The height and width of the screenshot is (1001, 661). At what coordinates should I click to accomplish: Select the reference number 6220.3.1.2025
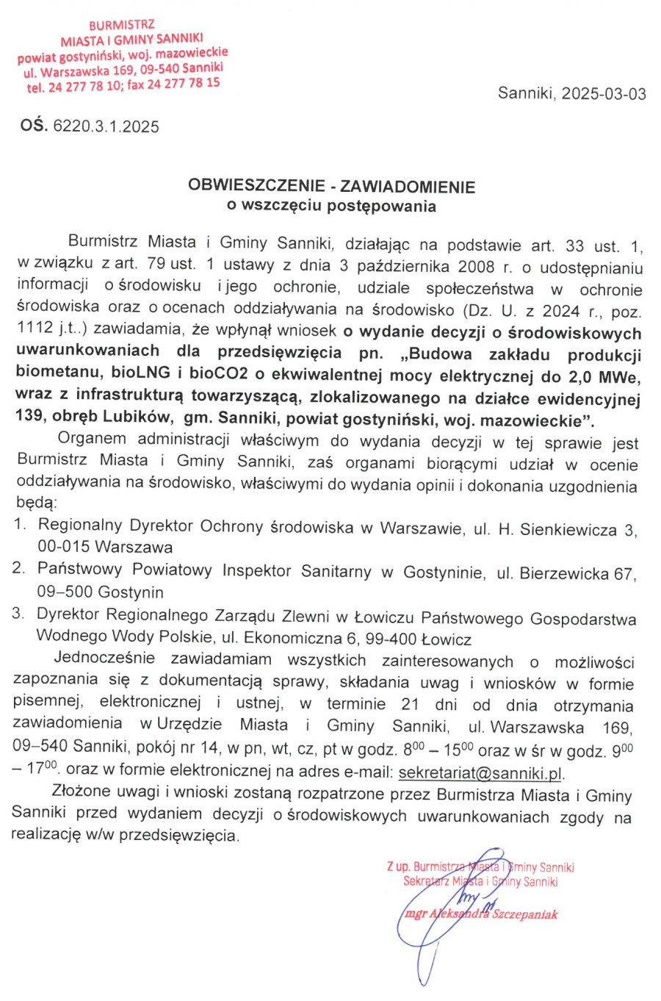(x=106, y=126)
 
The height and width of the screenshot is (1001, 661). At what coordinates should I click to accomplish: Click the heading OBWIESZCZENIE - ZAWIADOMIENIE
(x=331, y=187)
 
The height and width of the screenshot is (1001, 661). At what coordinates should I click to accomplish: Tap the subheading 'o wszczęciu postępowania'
(x=331, y=206)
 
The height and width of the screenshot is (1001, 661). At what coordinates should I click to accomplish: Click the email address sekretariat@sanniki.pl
(x=481, y=773)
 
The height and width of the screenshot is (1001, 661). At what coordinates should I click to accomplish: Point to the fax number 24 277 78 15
(x=183, y=84)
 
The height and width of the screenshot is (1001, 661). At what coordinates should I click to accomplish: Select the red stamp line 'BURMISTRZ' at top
(x=122, y=25)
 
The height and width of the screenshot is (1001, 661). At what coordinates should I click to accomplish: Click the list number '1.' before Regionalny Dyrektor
(x=20, y=524)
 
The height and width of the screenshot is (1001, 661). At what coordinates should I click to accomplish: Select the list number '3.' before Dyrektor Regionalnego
(x=18, y=613)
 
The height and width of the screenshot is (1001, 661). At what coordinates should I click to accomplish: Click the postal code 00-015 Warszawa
(x=105, y=547)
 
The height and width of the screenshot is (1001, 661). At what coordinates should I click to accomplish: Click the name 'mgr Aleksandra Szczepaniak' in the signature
(x=482, y=914)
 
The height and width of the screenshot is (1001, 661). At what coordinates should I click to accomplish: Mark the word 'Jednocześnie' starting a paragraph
(x=104, y=657)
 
